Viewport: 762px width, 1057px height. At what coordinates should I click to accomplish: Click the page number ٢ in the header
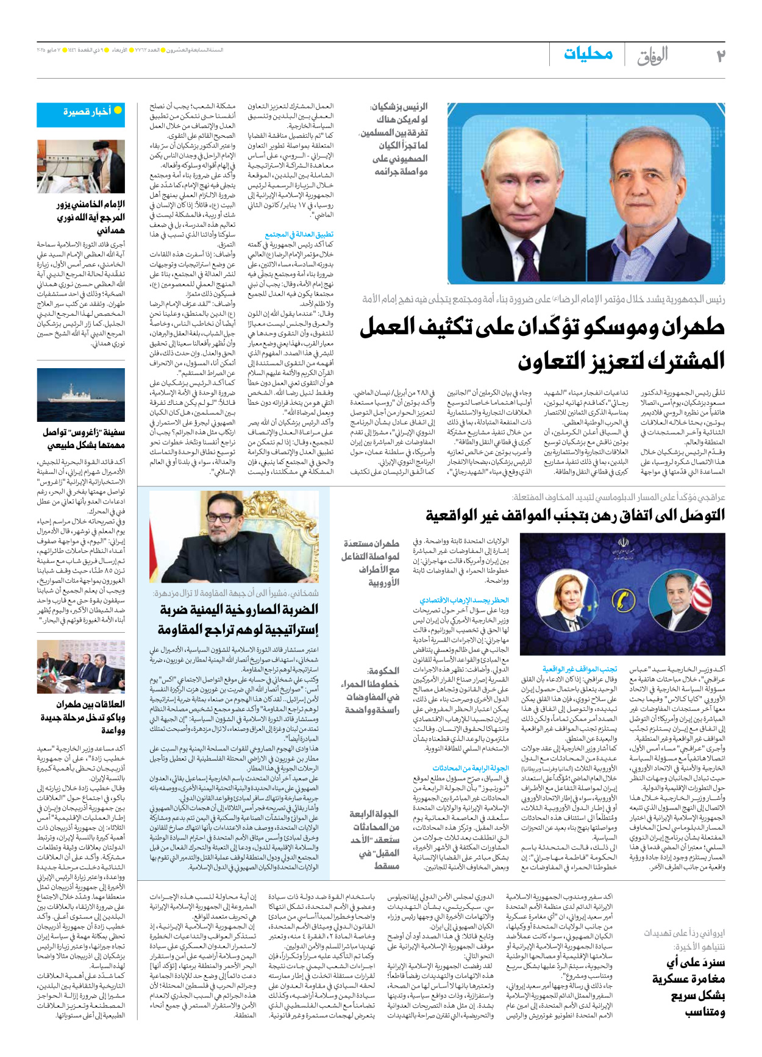(x=720, y=56)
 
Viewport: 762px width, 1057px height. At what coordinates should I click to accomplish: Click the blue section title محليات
(x=588, y=54)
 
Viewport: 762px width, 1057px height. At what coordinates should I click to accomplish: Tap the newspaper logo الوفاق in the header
(x=652, y=56)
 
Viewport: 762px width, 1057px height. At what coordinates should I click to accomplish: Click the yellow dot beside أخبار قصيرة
(x=118, y=110)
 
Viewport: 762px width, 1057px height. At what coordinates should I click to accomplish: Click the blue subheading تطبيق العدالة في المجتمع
(x=299, y=234)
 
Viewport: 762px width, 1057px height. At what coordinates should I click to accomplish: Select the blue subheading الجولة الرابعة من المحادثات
(x=470, y=768)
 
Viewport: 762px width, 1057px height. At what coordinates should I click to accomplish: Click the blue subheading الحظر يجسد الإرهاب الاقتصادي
(x=464, y=600)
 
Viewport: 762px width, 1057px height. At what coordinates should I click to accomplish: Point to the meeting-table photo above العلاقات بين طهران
(x=80, y=667)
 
